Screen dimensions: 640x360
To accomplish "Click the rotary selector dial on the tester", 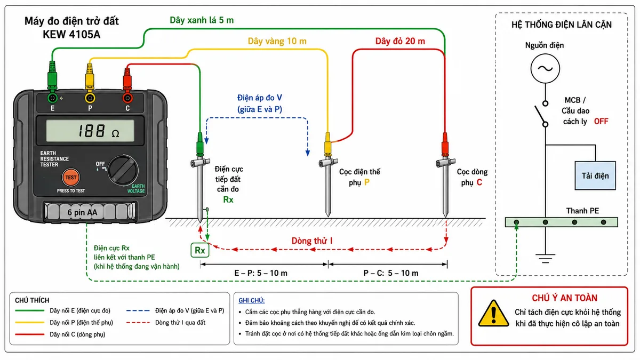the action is [123, 170].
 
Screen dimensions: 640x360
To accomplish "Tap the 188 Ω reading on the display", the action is [99, 131].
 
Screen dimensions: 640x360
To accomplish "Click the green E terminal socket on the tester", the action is [52, 98].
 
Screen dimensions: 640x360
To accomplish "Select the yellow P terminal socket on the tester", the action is [90, 98].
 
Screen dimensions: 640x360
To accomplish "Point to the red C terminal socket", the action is [127, 98].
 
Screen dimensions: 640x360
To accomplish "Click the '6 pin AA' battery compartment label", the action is [82, 212].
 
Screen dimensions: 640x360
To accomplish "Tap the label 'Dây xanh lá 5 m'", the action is [202, 20].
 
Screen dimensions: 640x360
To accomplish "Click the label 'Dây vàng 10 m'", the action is [277, 41].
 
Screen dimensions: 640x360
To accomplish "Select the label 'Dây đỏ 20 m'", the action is [400, 41].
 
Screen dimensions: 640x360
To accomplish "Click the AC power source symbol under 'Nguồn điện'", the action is [545, 69].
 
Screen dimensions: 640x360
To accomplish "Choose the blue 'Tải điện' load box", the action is [595, 175].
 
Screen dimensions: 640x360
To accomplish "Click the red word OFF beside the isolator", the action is [601, 122].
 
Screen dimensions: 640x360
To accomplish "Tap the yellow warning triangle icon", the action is [493, 314].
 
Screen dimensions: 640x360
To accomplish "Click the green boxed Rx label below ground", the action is [199, 250].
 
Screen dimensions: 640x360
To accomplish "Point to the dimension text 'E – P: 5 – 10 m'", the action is [261, 273].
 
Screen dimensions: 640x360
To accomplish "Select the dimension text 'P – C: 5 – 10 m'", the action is [391, 273].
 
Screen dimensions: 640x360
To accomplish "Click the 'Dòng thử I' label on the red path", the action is [311, 241].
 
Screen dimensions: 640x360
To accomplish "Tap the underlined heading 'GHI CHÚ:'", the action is [251, 301].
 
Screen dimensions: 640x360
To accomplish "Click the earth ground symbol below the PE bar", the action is [545, 258].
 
